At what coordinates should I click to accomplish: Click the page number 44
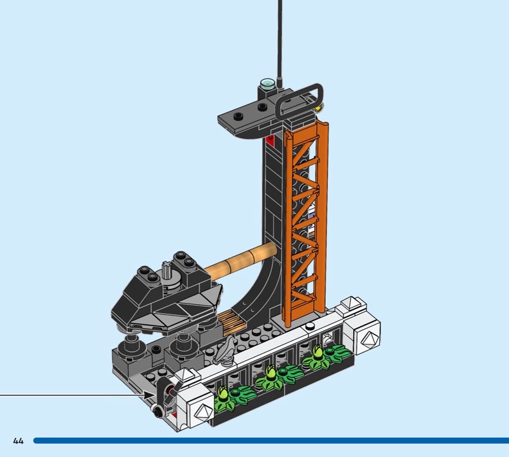coord(18,440)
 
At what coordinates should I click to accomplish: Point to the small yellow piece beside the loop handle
coord(319,107)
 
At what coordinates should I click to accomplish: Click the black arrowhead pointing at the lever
coord(150,395)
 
